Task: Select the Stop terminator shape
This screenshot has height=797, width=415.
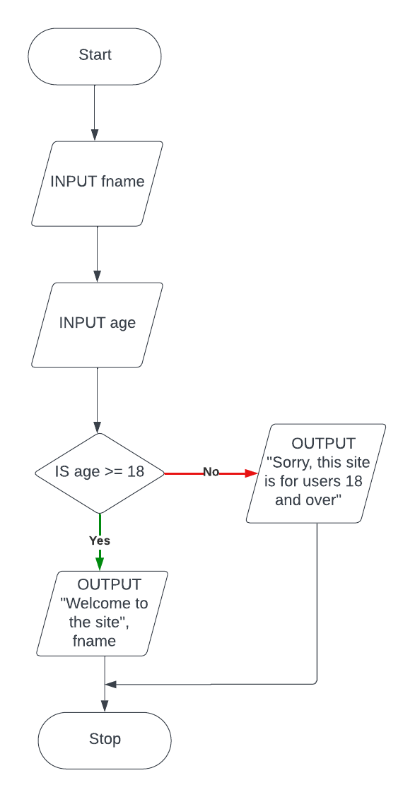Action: pos(105,740)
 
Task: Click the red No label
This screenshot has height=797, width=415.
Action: pos(211,472)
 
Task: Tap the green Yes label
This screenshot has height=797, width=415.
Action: pos(100,541)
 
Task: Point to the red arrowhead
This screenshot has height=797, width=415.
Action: pos(252,473)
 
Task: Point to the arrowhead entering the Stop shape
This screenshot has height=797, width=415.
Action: pos(105,706)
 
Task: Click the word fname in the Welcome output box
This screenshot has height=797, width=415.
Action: pos(94,641)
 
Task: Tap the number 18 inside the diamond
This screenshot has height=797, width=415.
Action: pos(136,471)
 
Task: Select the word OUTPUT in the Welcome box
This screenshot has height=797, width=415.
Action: pos(109,584)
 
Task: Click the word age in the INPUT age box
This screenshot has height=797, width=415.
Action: pos(122,323)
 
